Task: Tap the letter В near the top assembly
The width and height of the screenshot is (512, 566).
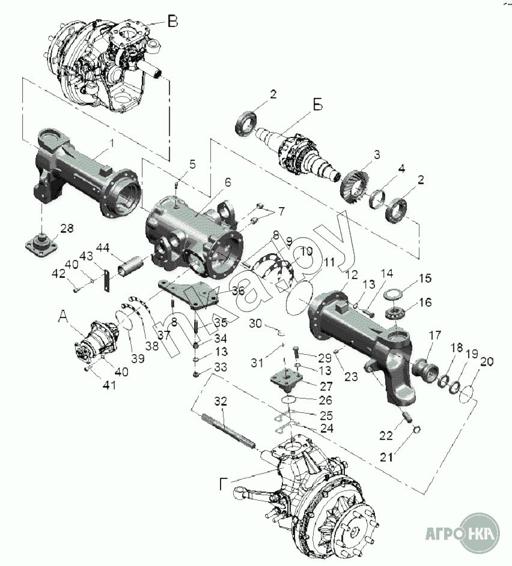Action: coord(172,22)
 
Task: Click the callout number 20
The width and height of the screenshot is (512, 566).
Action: coord(486,361)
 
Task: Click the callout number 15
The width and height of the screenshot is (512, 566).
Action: coord(425,278)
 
